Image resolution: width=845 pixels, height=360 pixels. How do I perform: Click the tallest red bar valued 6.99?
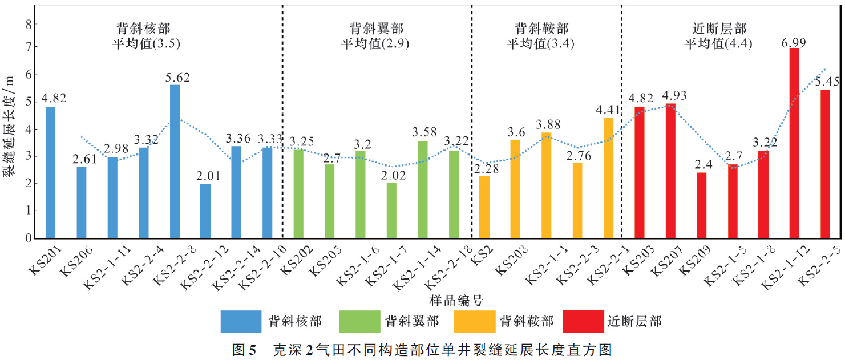click(794, 143)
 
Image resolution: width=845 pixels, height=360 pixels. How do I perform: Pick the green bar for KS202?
click(298, 194)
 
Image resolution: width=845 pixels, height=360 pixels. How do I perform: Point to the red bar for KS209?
click(701, 205)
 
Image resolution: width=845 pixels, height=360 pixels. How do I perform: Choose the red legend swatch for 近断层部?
click(582, 321)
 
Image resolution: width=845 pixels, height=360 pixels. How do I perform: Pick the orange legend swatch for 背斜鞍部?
click(474, 321)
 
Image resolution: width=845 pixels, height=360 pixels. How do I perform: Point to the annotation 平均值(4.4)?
click(718, 43)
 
